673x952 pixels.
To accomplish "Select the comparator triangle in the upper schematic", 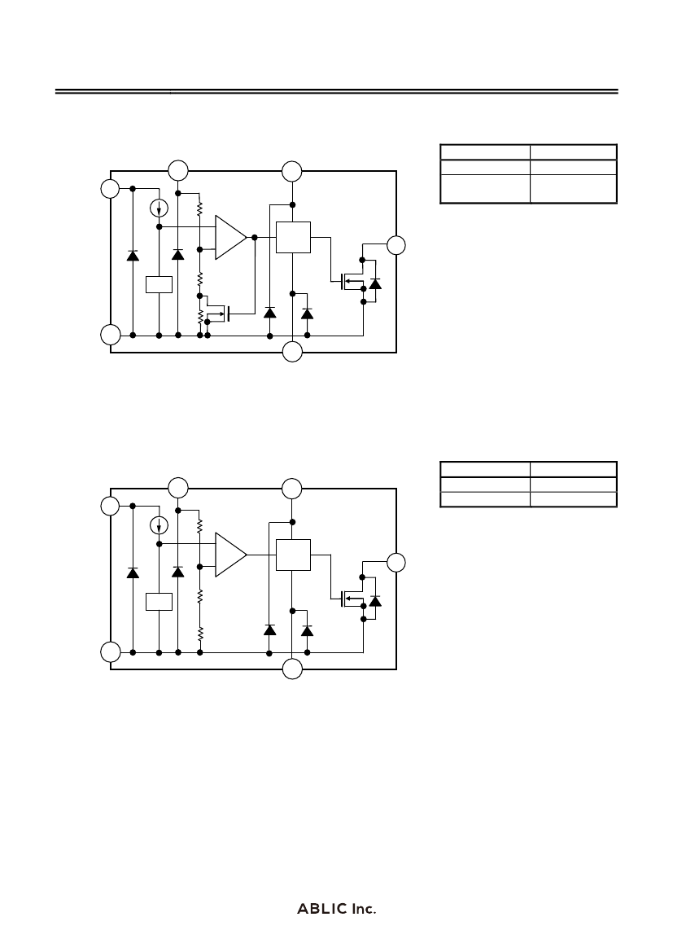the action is click(231, 238).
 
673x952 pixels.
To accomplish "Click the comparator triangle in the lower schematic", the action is click(231, 555).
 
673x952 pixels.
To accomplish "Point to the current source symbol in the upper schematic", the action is click(159, 208).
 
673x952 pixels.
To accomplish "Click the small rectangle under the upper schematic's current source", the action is click(159, 285).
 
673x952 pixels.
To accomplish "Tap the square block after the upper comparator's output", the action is click(293, 238).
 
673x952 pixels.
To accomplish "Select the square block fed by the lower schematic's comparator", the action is click(293, 555).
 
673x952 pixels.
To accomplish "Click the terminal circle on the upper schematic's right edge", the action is click(396, 245).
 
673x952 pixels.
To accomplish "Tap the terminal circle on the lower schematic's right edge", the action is click(396, 563).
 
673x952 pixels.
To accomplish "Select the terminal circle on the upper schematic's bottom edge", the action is click(292, 352).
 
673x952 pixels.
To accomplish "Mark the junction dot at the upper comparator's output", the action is click(255, 238).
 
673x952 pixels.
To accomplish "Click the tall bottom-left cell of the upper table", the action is click(485, 189).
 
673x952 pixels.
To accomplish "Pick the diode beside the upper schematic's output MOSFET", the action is click(376, 283).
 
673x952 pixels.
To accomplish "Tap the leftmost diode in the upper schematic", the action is click(133, 255).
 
